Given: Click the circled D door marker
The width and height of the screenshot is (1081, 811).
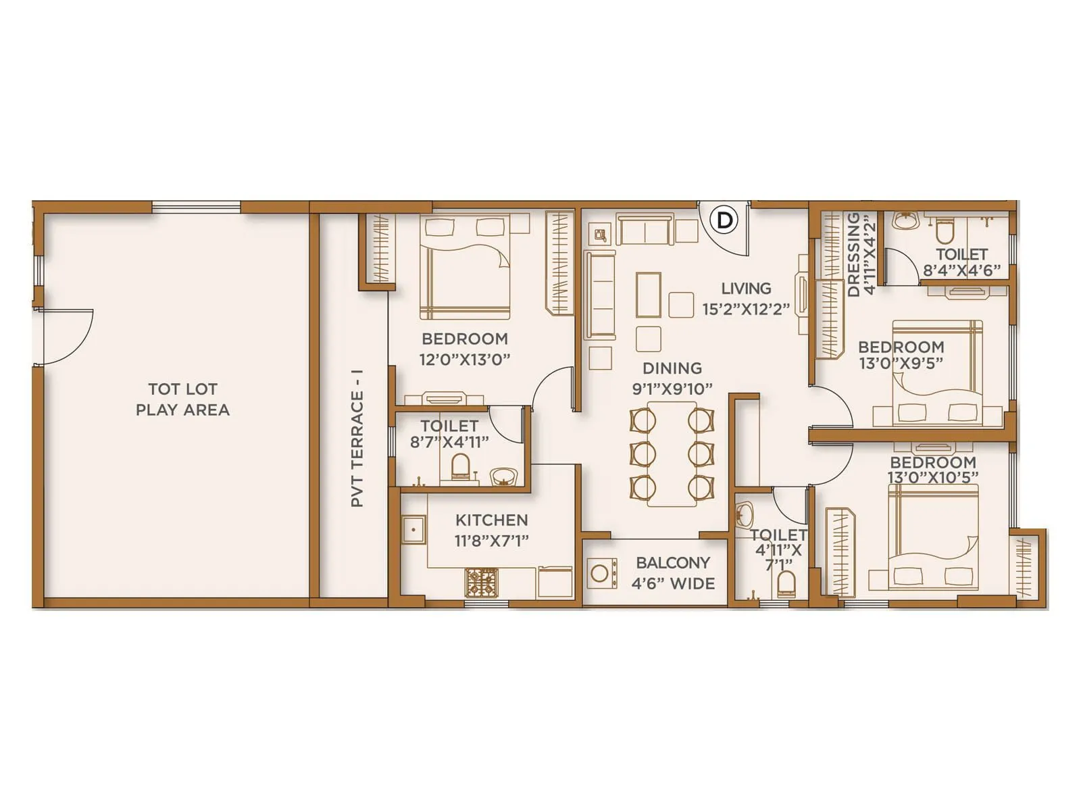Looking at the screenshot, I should [724, 220].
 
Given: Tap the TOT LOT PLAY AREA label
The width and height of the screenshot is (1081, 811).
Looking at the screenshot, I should [182, 399].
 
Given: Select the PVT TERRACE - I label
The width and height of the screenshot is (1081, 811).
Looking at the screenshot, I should [357, 438].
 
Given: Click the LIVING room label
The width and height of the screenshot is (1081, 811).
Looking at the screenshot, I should [746, 289].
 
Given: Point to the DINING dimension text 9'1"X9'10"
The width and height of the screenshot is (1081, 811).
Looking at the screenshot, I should [672, 389].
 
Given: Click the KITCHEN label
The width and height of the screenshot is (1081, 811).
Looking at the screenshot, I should [491, 520].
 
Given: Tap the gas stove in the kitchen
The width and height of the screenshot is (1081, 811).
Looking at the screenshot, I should [481, 582].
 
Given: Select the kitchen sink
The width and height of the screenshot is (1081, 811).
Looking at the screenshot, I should [413, 529].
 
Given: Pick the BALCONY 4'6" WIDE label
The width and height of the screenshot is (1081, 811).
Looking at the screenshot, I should [673, 573].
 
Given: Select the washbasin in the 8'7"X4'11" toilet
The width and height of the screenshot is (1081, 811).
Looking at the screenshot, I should [501, 476].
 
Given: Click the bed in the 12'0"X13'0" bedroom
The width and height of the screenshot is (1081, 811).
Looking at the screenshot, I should [465, 267].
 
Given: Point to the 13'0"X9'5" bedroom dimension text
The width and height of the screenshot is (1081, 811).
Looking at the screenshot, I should [901, 363].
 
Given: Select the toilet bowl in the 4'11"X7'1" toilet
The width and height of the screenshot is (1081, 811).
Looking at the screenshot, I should [786, 583].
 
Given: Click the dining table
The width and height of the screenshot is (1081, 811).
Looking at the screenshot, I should [672, 453].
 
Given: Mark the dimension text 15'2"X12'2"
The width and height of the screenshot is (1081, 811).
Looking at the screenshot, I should [746, 310].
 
